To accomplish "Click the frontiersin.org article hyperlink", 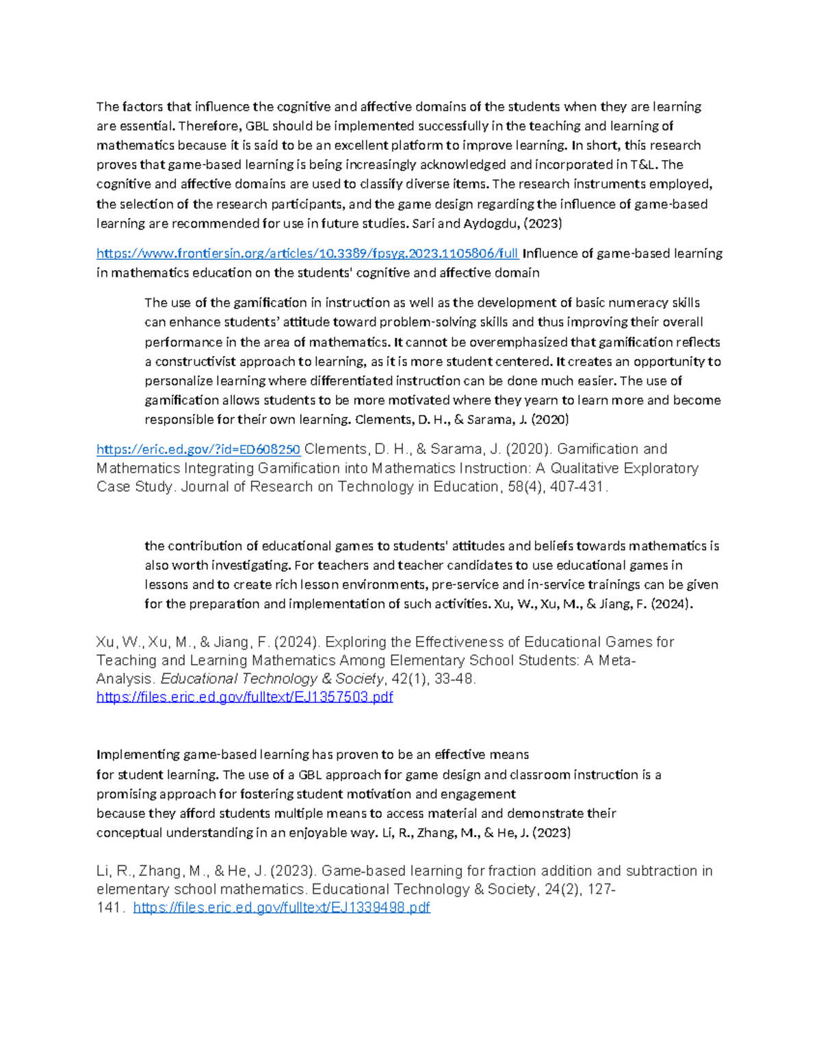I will tap(307, 254).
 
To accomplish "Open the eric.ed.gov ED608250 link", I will tap(198, 449).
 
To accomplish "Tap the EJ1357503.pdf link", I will tap(244, 697).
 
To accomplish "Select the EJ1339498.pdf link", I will tap(281, 907).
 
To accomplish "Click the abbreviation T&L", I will tap(639, 165).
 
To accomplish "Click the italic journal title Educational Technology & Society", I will tap(272, 679).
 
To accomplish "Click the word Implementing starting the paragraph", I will tap(138, 755).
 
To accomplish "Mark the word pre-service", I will tap(465, 585).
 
